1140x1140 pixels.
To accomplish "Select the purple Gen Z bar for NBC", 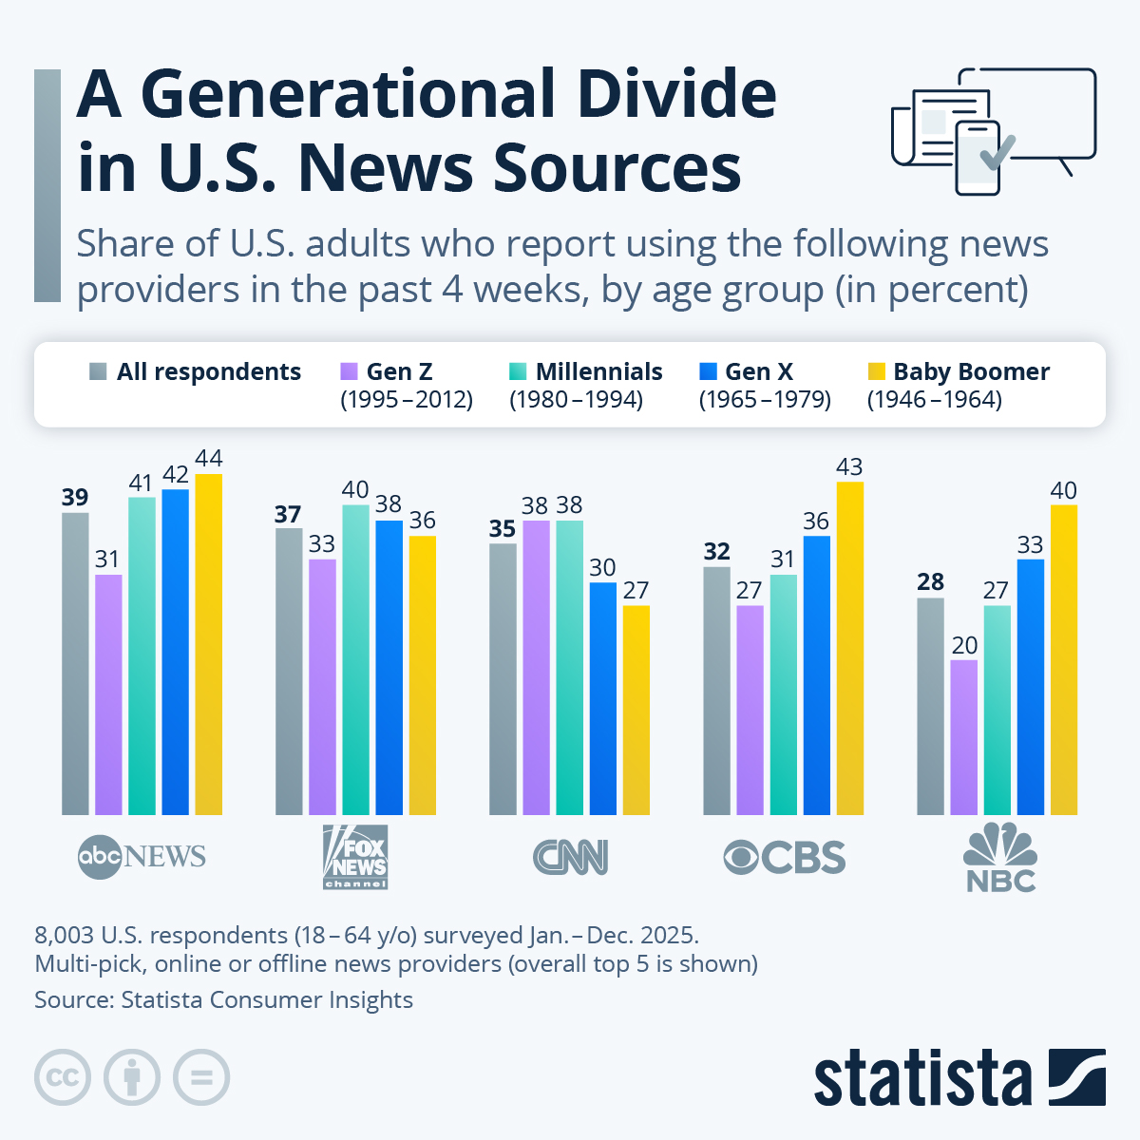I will (963, 737).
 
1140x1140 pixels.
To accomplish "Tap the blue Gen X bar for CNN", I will (602, 698).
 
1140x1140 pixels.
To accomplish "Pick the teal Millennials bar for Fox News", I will (355, 659).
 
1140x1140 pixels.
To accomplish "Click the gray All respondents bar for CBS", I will (716, 691).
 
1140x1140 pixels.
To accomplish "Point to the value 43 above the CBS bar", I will (848, 466).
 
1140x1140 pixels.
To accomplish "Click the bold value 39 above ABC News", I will (75, 497).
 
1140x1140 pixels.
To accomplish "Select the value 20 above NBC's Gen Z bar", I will (964, 645).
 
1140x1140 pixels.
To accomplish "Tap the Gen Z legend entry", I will (399, 372).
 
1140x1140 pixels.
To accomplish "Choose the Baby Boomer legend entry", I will (969, 372).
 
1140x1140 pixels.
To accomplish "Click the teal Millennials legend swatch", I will (518, 371).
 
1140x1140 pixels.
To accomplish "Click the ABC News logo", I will (142, 857).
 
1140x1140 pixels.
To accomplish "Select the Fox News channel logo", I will (355, 857).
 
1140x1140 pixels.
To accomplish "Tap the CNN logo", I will (570, 857).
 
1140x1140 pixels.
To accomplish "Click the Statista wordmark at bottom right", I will (921, 1079).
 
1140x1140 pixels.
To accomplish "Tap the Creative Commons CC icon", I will (63, 1077).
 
